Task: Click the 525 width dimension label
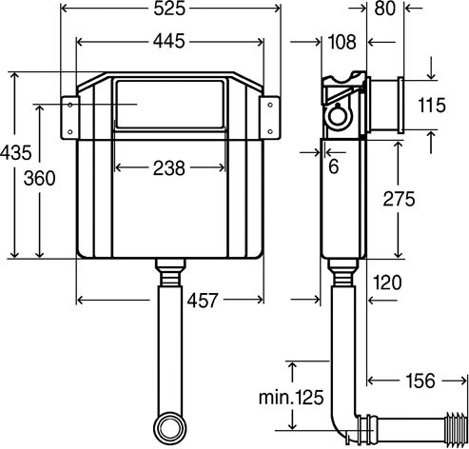pyautogui.click(x=169, y=9)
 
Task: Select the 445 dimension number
pyautogui.click(x=168, y=42)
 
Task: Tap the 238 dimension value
pyautogui.click(x=168, y=168)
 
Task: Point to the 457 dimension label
pyautogui.click(x=203, y=300)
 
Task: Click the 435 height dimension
pyautogui.click(x=16, y=152)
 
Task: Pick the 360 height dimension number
pyautogui.click(x=39, y=178)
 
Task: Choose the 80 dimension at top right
pyautogui.click(x=385, y=9)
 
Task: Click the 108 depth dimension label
pyautogui.click(x=342, y=42)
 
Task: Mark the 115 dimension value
pyautogui.click(x=432, y=106)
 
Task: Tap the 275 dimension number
pyautogui.click(x=399, y=199)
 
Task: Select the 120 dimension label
pyautogui.click(x=387, y=283)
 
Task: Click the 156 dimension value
pyautogui.click(x=420, y=381)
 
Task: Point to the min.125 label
pyautogui.click(x=291, y=397)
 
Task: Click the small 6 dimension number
pyautogui.click(x=334, y=166)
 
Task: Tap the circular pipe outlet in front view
pyautogui.click(x=170, y=429)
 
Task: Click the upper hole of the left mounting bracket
pyautogui.click(x=70, y=105)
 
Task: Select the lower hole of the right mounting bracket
pyautogui.click(x=270, y=131)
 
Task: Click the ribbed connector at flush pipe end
pyautogui.click(x=456, y=427)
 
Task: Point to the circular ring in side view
pyautogui.click(x=339, y=116)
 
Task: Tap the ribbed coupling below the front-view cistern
pyautogui.click(x=169, y=272)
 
